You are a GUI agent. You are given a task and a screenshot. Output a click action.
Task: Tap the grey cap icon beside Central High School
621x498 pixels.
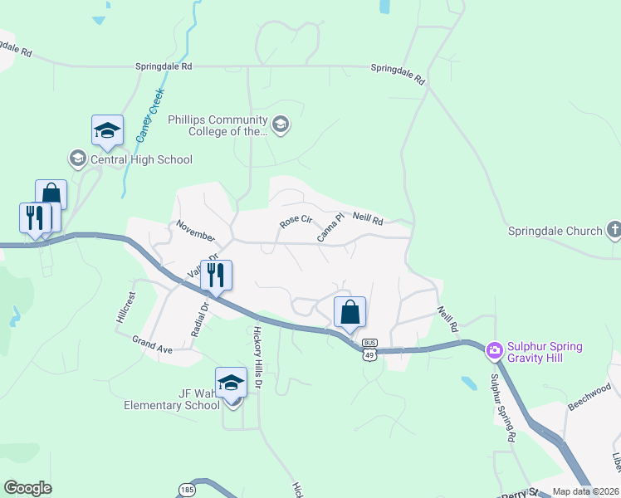(x=78, y=159)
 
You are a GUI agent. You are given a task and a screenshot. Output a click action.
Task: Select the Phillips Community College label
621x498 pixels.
(x=218, y=125)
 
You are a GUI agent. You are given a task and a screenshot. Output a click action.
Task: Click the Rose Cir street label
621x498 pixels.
(x=295, y=222)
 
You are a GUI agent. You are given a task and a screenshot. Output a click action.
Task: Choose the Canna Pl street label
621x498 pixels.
(x=330, y=230)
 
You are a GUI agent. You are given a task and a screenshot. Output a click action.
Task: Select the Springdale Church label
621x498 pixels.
(x=555, y=231)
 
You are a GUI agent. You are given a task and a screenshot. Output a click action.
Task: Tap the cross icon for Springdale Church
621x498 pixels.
(x=614, y=228)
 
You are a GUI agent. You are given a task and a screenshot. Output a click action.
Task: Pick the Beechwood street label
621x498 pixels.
(x=589, y=396)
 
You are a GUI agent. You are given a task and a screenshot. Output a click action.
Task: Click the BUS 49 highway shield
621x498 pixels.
(x=369, y=349)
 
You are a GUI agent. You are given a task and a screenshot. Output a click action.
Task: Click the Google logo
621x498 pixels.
(x=27, y=488)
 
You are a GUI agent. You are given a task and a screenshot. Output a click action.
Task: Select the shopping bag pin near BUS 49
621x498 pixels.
(x=350, y=313)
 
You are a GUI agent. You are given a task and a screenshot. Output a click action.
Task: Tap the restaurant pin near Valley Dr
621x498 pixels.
(x=216, y=276)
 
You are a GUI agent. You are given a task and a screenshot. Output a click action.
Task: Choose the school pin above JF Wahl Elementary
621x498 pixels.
(x=232, y=383)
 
